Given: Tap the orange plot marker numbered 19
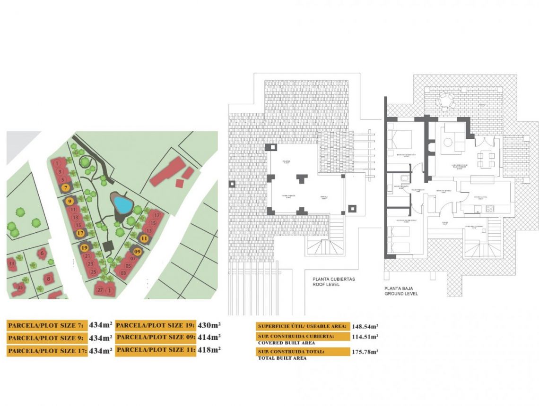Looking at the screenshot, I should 85,247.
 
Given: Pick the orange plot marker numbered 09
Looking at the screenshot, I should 138,252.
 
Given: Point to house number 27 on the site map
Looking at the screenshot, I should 100,290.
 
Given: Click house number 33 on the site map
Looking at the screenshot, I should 11,263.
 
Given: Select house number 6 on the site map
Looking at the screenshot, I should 42,254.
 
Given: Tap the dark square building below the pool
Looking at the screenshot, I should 108,245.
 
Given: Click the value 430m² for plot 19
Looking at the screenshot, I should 210,325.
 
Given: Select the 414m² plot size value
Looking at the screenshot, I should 210,337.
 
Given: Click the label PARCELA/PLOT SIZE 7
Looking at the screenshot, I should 46,325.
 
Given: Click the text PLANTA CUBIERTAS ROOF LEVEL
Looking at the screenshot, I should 333,282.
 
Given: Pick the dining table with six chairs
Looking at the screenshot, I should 486,159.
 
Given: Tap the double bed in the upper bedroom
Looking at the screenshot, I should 400,140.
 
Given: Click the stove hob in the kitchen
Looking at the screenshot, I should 490,208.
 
